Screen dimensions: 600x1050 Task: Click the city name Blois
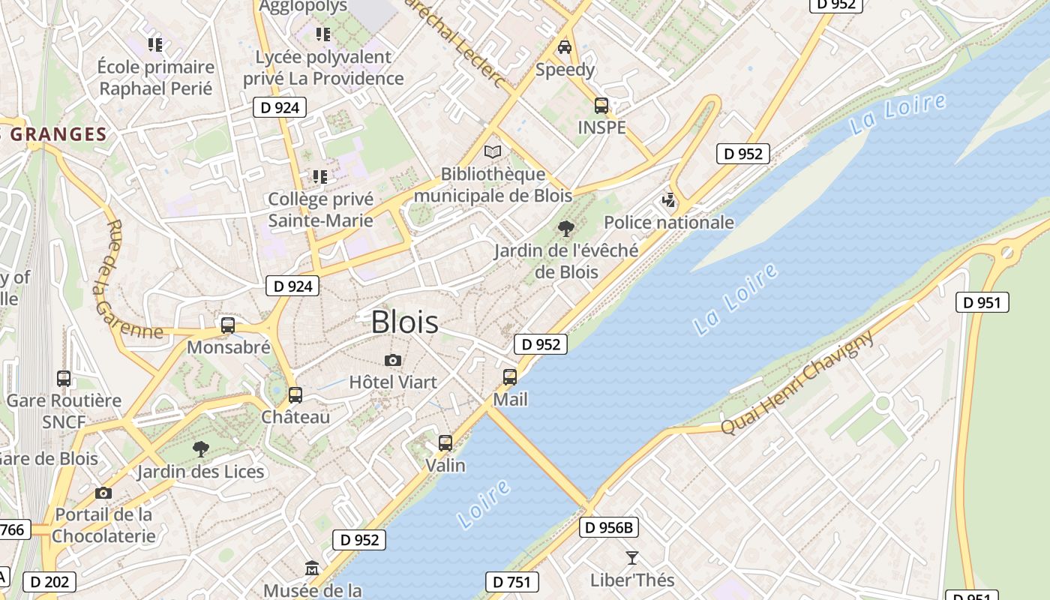coord(405,322)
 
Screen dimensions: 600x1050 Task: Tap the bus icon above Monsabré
coord(228,325)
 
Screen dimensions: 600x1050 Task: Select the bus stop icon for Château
coord(295,394)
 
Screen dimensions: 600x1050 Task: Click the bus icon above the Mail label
coord(510,376)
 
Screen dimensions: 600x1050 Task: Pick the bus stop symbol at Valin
coord(445,443)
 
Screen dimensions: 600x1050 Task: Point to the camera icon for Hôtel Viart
coord(392,361)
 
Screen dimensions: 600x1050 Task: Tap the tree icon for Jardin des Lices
coord(200,449)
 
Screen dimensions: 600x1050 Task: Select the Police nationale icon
coord(668,200)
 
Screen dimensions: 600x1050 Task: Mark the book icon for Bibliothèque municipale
coord(493,152)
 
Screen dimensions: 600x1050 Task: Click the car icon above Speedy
coord(565,47)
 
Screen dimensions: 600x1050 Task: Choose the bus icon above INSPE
coord(601,106)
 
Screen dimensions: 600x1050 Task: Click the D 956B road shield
coord(609,527)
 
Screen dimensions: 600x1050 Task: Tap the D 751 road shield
coord(512,581)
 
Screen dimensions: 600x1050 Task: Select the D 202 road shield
coord(50,581)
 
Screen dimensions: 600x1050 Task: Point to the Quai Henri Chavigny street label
coord(798,382)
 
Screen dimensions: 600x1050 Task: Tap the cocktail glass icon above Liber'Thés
coord(632,558)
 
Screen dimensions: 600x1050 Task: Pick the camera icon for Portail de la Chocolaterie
coord(103,493)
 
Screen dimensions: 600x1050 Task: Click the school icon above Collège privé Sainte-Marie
coord(320,177)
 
